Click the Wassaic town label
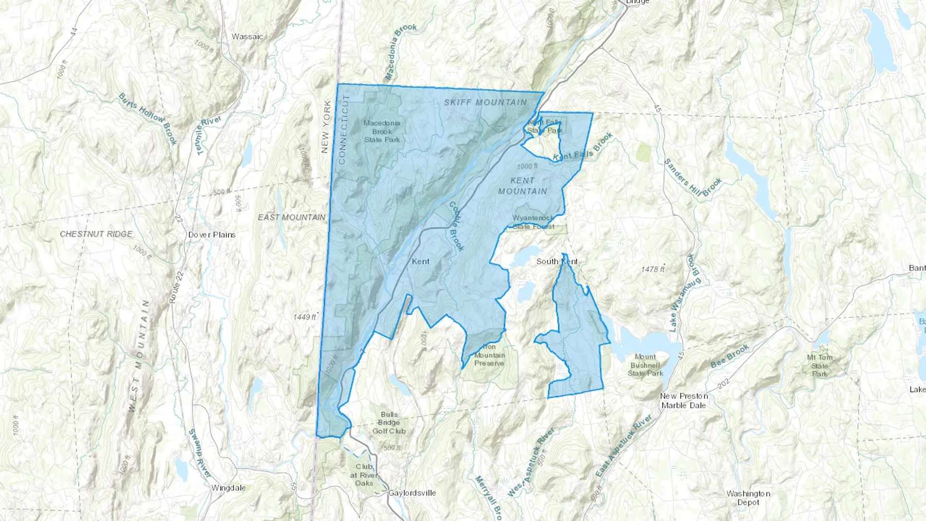point(247,37)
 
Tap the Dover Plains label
point(212,235)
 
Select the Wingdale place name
point(228,488)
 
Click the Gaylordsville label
point(412,493)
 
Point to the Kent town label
point(421,261)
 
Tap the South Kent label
point(557,261)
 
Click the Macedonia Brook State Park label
point(382,131)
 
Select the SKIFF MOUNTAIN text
point(486,102)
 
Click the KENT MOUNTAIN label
point(523,186)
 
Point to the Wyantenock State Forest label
point(533,222)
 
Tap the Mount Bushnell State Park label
point(645,365)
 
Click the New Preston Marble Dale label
point(684,401)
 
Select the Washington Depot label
point(748,498)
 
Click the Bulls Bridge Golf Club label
point(389,423)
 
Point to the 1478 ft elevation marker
point(653,269)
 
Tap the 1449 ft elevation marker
point(305,317)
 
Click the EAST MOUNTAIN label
point(292,217)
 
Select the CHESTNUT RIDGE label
point(96,233)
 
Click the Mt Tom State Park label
point(820,365)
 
